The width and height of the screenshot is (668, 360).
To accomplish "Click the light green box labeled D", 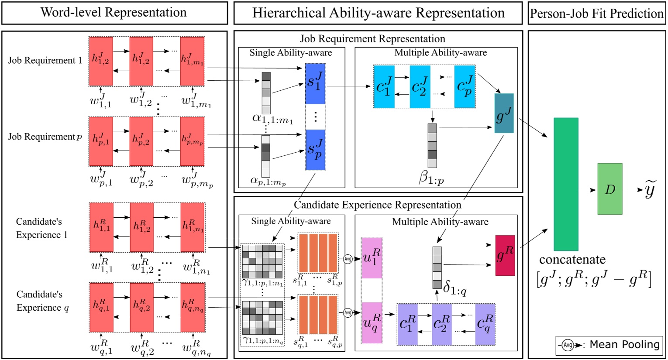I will point(609,189).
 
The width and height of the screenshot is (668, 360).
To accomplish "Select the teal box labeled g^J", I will point(504,113).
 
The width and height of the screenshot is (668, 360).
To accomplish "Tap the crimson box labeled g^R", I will point(505,255).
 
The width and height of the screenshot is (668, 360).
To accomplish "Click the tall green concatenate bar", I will point(566,184).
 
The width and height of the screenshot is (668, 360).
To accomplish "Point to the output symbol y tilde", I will point(650,190).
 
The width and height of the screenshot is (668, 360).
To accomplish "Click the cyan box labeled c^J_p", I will point(465,87).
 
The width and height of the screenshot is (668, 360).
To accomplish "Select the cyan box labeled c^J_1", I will point(384,87).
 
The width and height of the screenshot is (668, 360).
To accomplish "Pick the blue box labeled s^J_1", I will point(315,84).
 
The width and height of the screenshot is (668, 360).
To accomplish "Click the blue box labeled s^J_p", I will point(315,150).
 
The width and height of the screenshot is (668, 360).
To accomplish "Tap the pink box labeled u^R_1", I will point(372,258).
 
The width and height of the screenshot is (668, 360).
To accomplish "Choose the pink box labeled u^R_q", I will point(372,323).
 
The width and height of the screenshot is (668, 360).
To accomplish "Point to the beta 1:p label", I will point(431,178).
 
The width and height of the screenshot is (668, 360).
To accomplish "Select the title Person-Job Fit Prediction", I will point(596,14).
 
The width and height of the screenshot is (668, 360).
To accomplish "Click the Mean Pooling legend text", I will point(624,345).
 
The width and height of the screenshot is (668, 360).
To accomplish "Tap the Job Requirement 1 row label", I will point(45,61).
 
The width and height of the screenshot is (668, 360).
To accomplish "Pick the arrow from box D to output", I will point(633,190).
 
